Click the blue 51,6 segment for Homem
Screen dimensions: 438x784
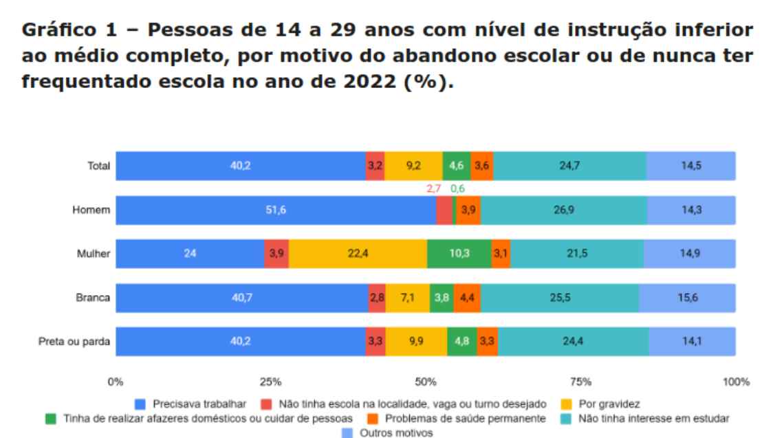275,210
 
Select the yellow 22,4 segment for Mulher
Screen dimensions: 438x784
358,254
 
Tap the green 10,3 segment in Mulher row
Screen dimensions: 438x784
459,254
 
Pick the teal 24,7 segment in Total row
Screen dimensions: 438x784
569,166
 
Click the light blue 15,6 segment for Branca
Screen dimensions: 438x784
686,298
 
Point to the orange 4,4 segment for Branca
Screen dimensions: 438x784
465,298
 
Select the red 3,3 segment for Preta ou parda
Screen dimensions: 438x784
375,342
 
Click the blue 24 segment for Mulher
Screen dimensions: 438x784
190,254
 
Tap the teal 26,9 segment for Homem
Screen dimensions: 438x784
564,210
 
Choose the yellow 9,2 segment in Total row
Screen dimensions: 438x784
413,166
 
